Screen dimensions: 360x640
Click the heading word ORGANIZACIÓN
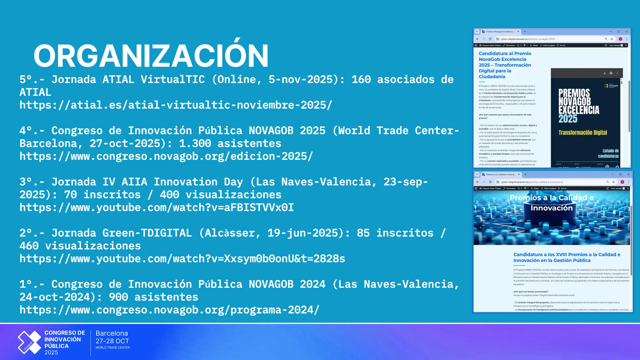pyautogui.click(x=151, y=56)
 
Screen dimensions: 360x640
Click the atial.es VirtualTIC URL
pyautogui.click(x=176, y=105)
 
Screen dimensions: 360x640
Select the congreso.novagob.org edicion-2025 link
pyautogui.click(x=166, y=156)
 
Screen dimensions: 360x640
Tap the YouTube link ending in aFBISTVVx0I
pyautogui.click(x=157, y=207)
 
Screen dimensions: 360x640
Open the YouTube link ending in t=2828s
pyautogui.click(x=182, y=259)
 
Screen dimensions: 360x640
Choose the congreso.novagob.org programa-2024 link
pyautogui.click(x=169, y=310)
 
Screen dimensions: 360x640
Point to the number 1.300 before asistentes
pyautogui.click(x=195, y=143)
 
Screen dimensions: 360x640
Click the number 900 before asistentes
pyautogui.click(x=118, y=297)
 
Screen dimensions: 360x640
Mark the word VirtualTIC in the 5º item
pyautogui.click(x=172, y=79)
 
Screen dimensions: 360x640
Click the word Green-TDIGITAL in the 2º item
pyautogui.click(x=147, y=233)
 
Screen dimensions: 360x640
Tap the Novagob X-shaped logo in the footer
pyautogui.click(x=29, y=342)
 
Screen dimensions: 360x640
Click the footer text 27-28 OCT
pyautogui.click(x=112, y=341)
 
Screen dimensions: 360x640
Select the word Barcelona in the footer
pyautogui.click(x=112, y=333)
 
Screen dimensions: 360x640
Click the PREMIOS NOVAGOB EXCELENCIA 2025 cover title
pyautogui.click(x=578, y=106)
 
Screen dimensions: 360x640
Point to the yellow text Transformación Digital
pyautogui.click(x=582, y=132)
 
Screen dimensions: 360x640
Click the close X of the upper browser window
pyautogui.click(x=626, y=32)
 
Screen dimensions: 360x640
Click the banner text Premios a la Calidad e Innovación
pyautogui.click(x=552, y=203)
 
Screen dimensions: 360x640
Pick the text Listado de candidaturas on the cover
pyautogui.click(x=608, y=153)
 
